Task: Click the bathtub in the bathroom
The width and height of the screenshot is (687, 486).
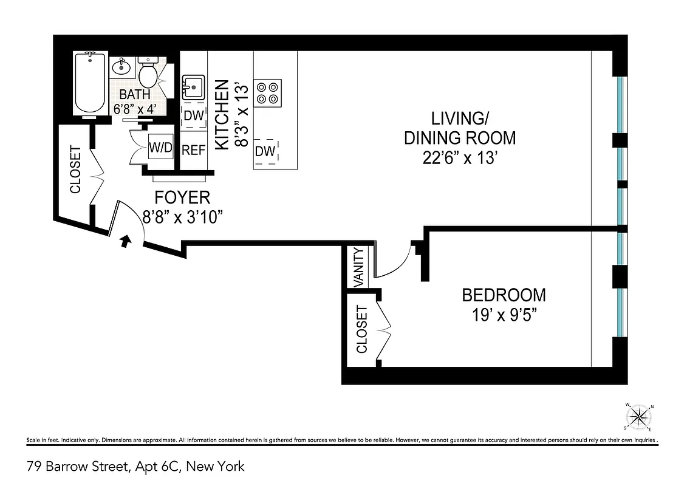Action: [90, 84]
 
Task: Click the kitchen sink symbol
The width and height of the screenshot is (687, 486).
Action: [193, 87]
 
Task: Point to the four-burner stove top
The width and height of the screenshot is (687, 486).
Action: [268, 92]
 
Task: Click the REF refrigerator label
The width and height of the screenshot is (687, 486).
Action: [194, 150]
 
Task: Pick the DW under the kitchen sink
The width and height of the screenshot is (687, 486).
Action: [194, 115]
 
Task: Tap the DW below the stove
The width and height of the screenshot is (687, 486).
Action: [265, 151]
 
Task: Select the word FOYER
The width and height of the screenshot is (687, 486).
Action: [182, 197]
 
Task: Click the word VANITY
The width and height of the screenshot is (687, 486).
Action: [358, 267]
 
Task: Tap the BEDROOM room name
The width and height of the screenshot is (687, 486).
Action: [504, 295]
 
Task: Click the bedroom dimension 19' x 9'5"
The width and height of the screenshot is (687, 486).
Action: [504, 315]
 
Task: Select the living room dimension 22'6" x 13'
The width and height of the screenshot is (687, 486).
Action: [460, 158]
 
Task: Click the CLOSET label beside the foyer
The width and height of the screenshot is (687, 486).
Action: [75, 169]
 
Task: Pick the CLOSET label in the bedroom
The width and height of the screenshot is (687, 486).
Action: [362, 329]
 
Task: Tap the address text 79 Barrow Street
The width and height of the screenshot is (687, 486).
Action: [78, 467]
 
